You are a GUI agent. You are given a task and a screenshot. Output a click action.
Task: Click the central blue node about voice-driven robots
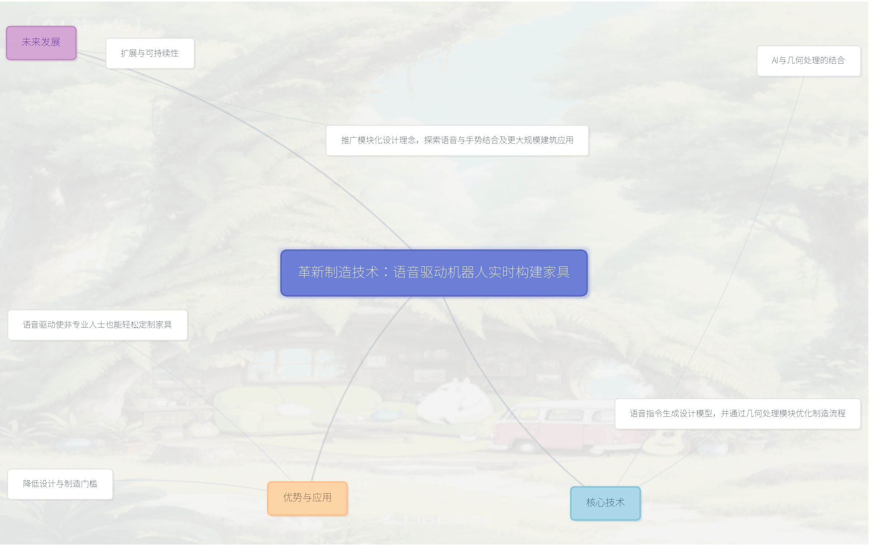click(x=434, y=273)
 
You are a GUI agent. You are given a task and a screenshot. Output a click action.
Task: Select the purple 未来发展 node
click(x=41, y=43)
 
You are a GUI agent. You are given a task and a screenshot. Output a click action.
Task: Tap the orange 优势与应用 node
click(x=307, y=498)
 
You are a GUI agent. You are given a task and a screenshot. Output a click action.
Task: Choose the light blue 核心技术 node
click(x=605, y=503)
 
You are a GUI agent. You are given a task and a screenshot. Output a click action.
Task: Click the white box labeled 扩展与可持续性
click(x=150, y=54)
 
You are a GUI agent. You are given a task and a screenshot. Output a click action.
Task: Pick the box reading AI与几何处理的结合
click(x=808, y=61)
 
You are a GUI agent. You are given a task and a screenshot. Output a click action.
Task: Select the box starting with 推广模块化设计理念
click(x=457, y=141)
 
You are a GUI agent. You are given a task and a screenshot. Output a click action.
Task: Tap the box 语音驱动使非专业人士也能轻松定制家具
click(x=97, y=325)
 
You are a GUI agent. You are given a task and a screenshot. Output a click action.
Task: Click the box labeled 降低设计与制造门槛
click(x=60, y=484)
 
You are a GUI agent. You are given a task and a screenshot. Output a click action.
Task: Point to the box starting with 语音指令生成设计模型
click(x=737, y=414)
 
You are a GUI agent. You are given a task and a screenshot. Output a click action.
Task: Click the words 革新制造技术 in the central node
click(x=338, y=272)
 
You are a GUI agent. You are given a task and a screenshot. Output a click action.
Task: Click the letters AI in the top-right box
click(x=775, y=61)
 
